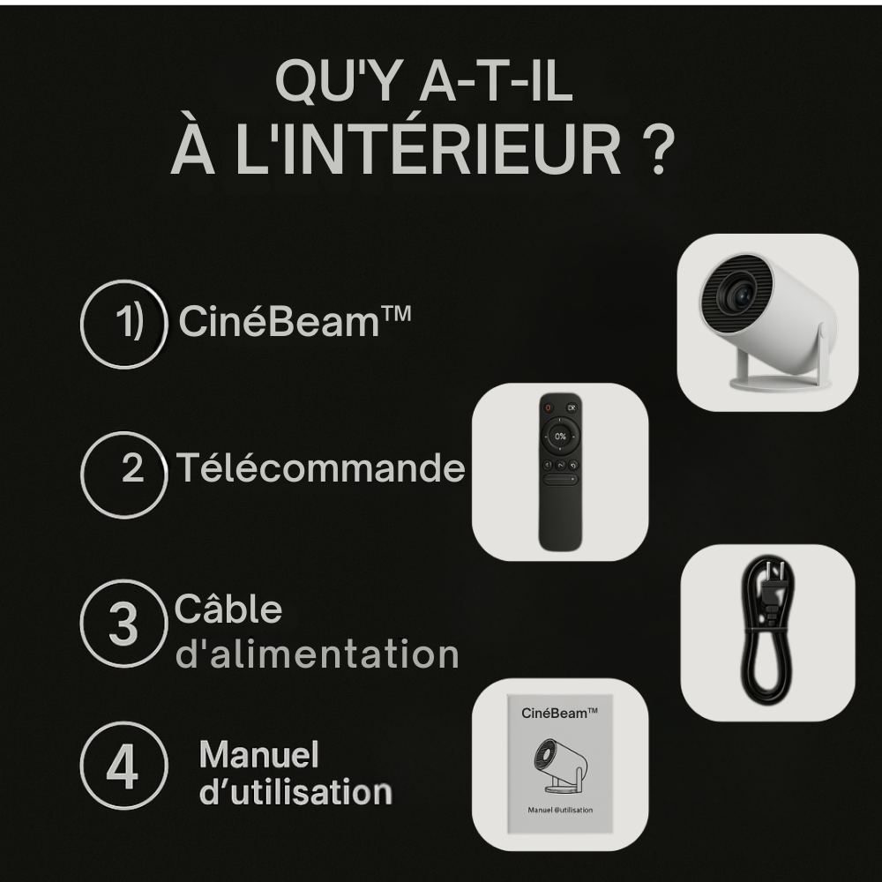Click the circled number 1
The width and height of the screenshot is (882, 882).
[124, 324]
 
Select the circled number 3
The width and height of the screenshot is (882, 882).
[124, 624]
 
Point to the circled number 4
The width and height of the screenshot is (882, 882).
[123, 766]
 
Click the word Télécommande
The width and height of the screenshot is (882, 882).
[319, 467]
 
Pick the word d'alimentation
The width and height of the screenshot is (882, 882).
[318, 655]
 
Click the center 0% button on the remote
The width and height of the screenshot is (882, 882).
[560, 436]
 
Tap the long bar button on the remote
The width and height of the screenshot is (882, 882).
[560, 482]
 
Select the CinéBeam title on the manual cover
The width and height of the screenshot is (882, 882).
[560, 712]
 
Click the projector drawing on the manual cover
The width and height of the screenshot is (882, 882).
[560, 761]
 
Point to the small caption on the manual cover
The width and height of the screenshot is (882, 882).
[560, 810]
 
